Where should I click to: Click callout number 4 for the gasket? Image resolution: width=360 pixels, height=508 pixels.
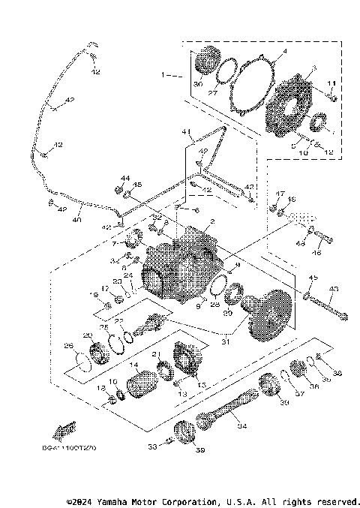tap(284, 52)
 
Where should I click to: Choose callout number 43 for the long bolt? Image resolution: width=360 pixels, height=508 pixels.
tap(334, 288)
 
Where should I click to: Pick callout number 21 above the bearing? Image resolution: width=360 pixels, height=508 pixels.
tap(157, 354)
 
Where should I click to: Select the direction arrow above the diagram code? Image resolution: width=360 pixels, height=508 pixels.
tap(64, 431)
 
